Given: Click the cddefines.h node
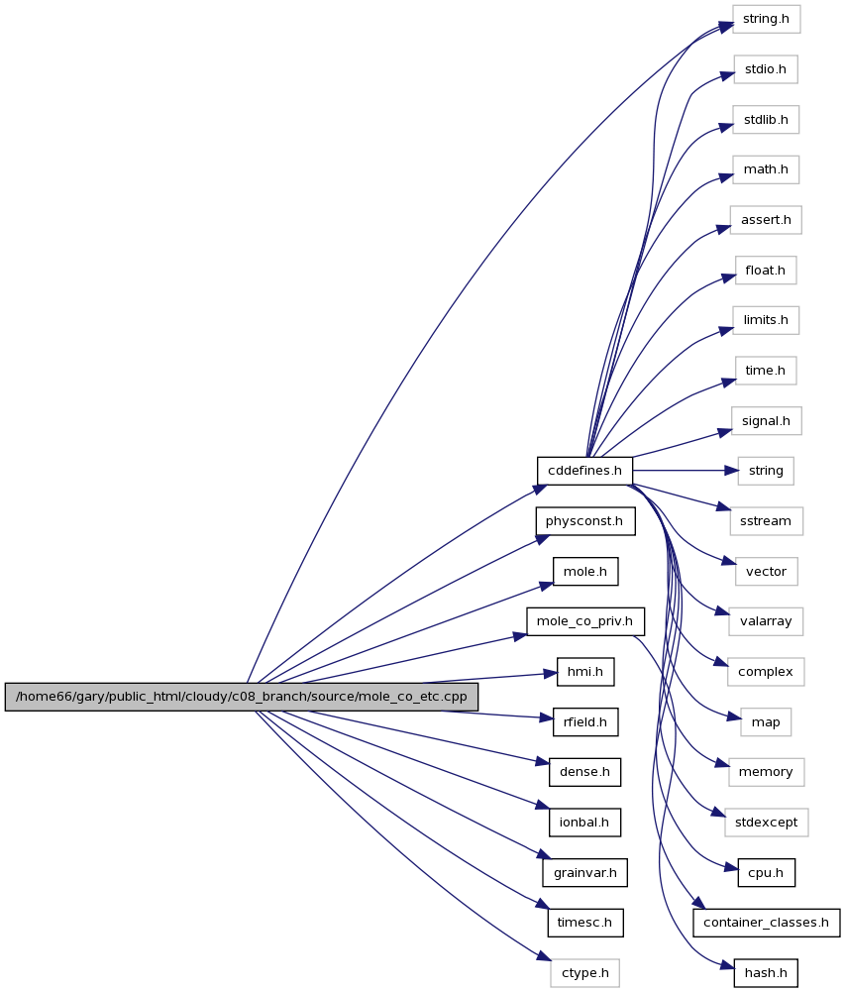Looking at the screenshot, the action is coord(584,471).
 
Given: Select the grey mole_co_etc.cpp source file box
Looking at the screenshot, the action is coord(242,697).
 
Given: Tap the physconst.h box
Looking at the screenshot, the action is coord(585,521).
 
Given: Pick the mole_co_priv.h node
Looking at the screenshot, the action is coord(585,622).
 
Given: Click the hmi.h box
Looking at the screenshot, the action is coord(585,672).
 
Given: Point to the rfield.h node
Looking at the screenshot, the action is coord(585,722).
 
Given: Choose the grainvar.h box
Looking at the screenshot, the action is coord(585,873).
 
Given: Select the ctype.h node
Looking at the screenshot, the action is coord(585,973).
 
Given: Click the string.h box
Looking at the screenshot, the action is coord(766,19).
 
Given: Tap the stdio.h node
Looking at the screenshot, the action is coord(766,69).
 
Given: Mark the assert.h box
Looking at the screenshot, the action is coord(766,220).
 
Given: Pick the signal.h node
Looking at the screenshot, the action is coord(766,421).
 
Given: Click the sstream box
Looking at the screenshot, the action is coord(766,521).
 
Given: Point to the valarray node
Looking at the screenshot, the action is coord(766,622).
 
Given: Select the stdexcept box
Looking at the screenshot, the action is coord(766,823).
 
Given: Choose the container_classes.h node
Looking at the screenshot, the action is coord(766,923).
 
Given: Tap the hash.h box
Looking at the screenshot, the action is coord(766,973).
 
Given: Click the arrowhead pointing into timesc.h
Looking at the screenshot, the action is coord(542,905).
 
